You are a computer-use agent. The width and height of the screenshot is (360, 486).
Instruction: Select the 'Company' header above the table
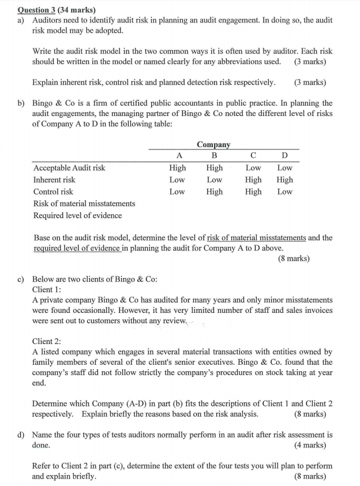[213, 144]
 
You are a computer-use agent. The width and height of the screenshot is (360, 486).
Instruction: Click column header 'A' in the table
[178, 156]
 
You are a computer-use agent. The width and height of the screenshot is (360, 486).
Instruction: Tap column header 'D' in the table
[284, 156]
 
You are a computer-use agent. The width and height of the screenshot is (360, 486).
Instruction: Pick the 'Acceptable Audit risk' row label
[70, 168]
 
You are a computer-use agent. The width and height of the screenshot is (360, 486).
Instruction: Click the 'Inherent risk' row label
[54, 180]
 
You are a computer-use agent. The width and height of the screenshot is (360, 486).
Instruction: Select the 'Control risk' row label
[53, 192]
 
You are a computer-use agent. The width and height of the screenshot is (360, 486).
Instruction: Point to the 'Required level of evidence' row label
[77, 215]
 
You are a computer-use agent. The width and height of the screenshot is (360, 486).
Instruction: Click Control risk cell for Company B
[214, 192]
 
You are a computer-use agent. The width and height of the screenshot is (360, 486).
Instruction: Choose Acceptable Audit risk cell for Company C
[253, 168]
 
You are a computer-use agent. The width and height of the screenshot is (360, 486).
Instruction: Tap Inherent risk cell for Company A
[177, 180]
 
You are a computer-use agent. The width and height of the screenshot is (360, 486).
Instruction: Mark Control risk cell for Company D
[284, 192]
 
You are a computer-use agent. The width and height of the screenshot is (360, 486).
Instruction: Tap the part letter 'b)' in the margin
[21, 103]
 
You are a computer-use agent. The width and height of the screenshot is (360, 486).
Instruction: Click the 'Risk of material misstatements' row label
[84, 203]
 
